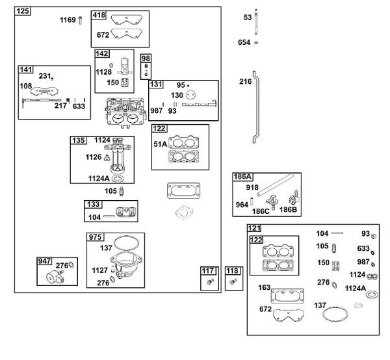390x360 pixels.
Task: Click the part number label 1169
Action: (x=68, y=20)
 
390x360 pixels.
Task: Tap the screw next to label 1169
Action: (x=81, y=20)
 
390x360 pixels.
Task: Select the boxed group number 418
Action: (x=99, y=15)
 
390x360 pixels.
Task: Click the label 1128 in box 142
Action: (x=104, y=72)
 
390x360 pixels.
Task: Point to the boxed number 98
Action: (x=146, y=58)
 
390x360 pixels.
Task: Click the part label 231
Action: (x=45, y=76)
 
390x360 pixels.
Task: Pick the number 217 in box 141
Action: (x=60, y=106)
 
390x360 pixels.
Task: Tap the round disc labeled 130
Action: (x=190, y=95)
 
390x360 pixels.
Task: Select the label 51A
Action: (x=161, y=144)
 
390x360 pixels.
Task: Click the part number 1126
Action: (x=94, y=157)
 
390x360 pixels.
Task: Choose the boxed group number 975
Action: (x=95, y=237)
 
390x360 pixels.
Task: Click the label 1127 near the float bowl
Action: (x=99, y=270)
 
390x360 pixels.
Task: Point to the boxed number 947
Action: (x=44, y=261)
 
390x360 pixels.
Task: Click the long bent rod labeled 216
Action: (x=255, y=107)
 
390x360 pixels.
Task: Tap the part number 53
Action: (x=248, y=18)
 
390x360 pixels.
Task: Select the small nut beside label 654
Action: (x=256, y=43)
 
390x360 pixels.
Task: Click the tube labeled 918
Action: (x=276, y=185)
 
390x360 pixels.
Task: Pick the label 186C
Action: (x=261, y=211)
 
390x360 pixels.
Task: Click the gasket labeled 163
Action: (x=287, y=296)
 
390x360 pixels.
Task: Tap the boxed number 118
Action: (x=232, y=271)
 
